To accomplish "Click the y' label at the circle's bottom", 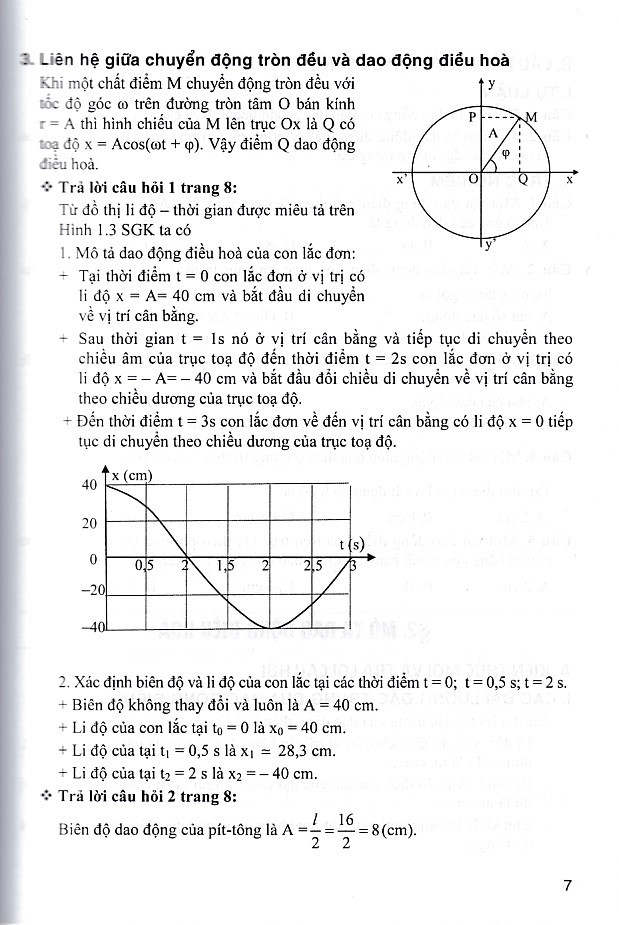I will (490, 244).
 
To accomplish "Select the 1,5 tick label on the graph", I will (225, 566).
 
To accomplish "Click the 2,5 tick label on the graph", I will (312, 566).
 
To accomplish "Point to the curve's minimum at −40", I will (268, 628).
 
